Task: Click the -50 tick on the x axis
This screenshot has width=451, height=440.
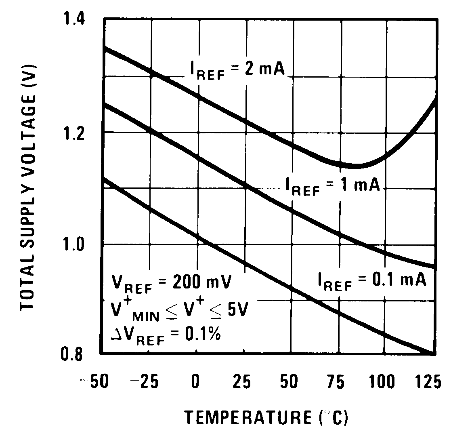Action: pos(93,381)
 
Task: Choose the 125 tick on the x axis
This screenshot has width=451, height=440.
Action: pos(428,381)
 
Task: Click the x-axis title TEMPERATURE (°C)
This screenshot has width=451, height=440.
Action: pos(266,417)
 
